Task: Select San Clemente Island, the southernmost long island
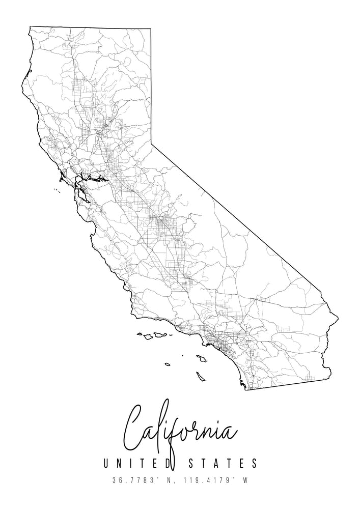pos(201,377)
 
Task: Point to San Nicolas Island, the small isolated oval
pos(167,364)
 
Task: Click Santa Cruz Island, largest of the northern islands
pos(161,335)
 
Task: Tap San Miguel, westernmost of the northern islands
pos(139,334)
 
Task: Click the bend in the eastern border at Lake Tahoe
pos(152,144)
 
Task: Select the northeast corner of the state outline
pos(151,29)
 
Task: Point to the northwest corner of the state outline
pos(30,26)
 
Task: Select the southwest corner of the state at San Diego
pos(245,389)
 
